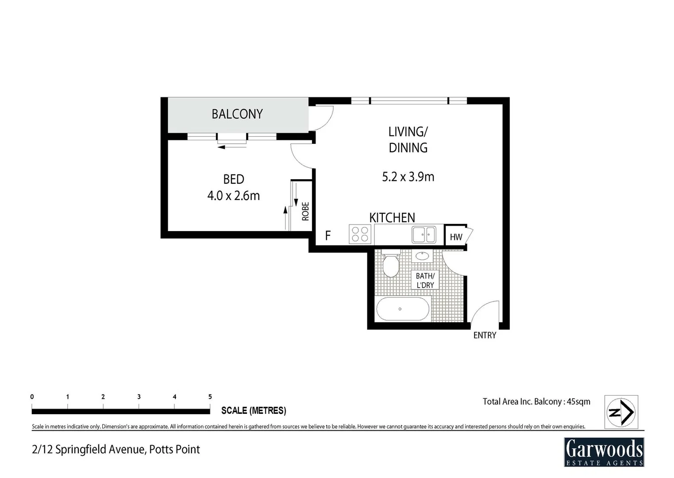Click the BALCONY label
click(237, 114)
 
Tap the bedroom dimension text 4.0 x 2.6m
click(233, 196)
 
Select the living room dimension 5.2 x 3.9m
click(408, 177)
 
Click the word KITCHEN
click(392, 218)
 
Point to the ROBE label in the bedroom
click(305, 211)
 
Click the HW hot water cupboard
click(456, 237)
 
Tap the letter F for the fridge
click(328, 235)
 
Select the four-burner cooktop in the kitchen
click(360, 234)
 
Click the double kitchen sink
click(424, 235)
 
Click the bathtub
click(402, 309)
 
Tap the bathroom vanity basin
click(422, 256)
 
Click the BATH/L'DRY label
click(425, 281)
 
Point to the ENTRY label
click(485, 335)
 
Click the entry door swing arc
click(485, 312)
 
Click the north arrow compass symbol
click(621, 412)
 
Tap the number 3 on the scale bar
click(139, 397)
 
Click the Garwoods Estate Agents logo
click(604, 452)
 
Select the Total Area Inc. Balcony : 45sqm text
click(536, 402)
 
